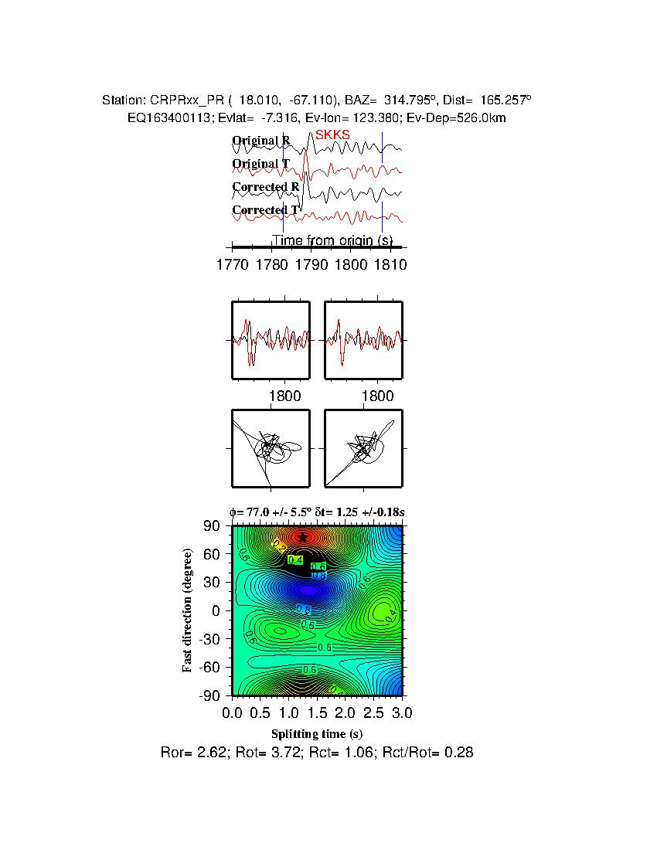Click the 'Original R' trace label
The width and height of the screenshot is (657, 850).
pos(261,141)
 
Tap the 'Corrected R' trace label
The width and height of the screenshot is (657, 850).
pos(265,187)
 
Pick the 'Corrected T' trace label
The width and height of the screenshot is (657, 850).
pos(265,210)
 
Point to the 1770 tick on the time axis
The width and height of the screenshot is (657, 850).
pos(233,264)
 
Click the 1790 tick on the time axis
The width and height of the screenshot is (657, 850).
pos(311,264)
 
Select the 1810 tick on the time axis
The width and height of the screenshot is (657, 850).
pos(390,264)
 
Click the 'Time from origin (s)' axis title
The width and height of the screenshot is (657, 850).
pos(332,240)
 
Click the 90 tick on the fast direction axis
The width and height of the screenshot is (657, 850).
pos(213,526)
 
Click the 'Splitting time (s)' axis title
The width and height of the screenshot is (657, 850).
pos(317,733)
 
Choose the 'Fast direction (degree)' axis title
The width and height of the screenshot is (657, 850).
pos(187,610)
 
